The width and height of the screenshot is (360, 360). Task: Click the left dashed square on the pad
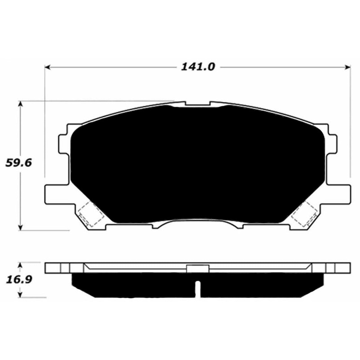pos(90,213)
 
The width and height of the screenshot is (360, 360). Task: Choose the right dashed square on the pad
pos(304,213)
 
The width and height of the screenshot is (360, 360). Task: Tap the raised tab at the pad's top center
pos(198,103)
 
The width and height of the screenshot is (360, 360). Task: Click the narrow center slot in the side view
pos(197,288)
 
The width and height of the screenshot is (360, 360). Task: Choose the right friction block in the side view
pos(261,285)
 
